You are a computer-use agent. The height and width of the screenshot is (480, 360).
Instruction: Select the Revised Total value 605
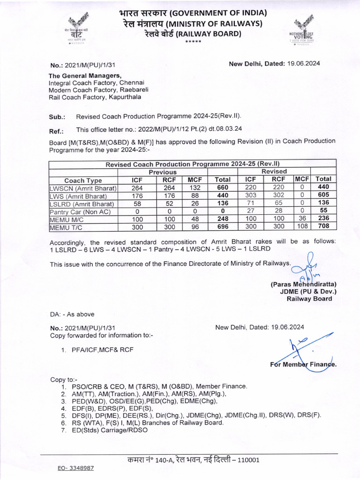pos(323,196)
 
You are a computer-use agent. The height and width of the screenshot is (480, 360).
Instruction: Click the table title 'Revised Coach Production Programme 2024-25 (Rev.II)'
pos(193,164)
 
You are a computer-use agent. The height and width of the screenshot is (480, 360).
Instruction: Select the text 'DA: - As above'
pos(73,314)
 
